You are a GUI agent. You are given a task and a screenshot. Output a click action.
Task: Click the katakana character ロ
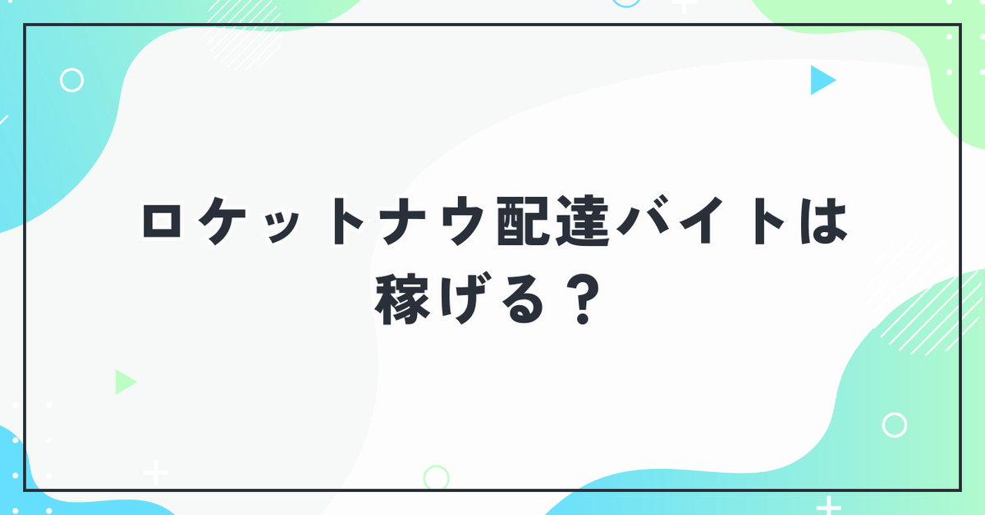tap(162, 221)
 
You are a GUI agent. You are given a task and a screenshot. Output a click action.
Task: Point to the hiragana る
tap(522, 299)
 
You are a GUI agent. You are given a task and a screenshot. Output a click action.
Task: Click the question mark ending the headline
tap(583, 299)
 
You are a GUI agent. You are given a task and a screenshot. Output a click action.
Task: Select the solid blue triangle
tap(821, 80)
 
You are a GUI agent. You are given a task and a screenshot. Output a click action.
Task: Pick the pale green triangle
tap(125, 382)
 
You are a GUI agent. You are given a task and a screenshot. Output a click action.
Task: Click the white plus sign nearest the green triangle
tap(156, 473)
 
